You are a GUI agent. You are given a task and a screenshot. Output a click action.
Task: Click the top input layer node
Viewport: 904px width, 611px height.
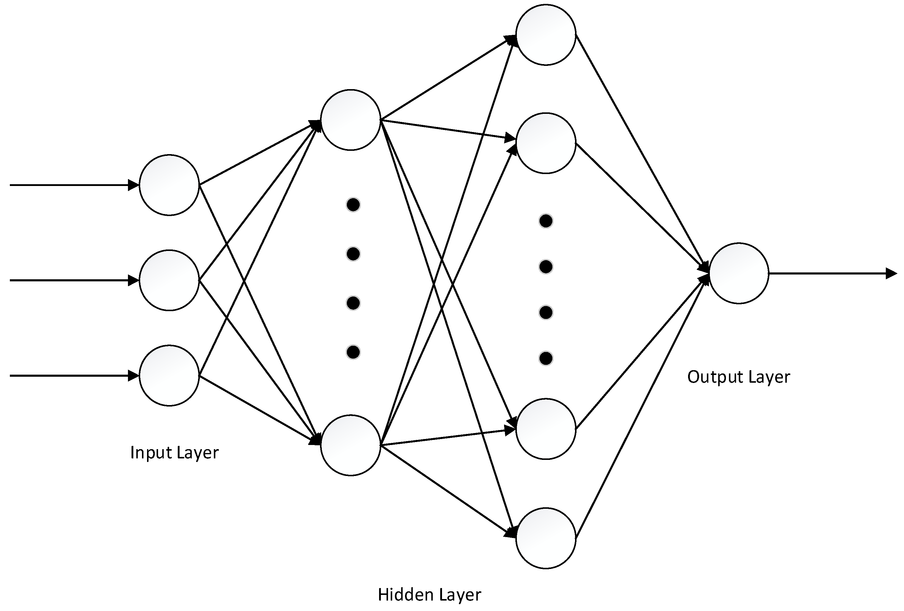(169, 185)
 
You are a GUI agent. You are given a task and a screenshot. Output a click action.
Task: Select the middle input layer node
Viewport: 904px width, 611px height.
(169, 280)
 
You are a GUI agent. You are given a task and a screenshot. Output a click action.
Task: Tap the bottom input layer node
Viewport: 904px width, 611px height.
(169, 376)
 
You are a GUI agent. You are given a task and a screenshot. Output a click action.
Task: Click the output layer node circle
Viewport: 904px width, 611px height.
(739, 273)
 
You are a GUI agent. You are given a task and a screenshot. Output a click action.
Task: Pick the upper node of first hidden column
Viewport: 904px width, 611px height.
(350, 120)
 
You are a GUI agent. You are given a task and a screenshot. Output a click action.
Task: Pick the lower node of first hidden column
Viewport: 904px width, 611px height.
(350, 445)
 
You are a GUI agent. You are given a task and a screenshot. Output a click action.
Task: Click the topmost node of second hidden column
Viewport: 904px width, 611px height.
(546, 35)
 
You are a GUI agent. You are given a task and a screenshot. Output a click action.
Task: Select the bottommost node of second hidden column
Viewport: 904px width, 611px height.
(546, 538)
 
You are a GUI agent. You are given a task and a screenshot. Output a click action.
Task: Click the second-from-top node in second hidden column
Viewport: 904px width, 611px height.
(546, 143)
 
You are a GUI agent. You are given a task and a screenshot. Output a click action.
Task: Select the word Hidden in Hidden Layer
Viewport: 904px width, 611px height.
(405, 595)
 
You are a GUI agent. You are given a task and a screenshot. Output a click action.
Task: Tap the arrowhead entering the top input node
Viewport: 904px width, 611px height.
(133, 185)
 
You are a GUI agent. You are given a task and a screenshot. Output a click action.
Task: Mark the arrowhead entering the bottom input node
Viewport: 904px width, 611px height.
(133, 376)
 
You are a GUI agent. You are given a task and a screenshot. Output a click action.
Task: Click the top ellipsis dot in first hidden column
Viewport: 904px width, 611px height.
(353, 205)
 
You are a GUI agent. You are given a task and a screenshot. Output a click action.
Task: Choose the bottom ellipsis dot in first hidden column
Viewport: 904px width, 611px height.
(353, 352)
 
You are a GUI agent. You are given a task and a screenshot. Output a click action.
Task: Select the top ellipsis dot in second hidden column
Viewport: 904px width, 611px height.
(546, 221)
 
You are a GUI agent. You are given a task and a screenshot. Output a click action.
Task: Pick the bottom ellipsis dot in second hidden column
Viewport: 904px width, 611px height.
(546, 358)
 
